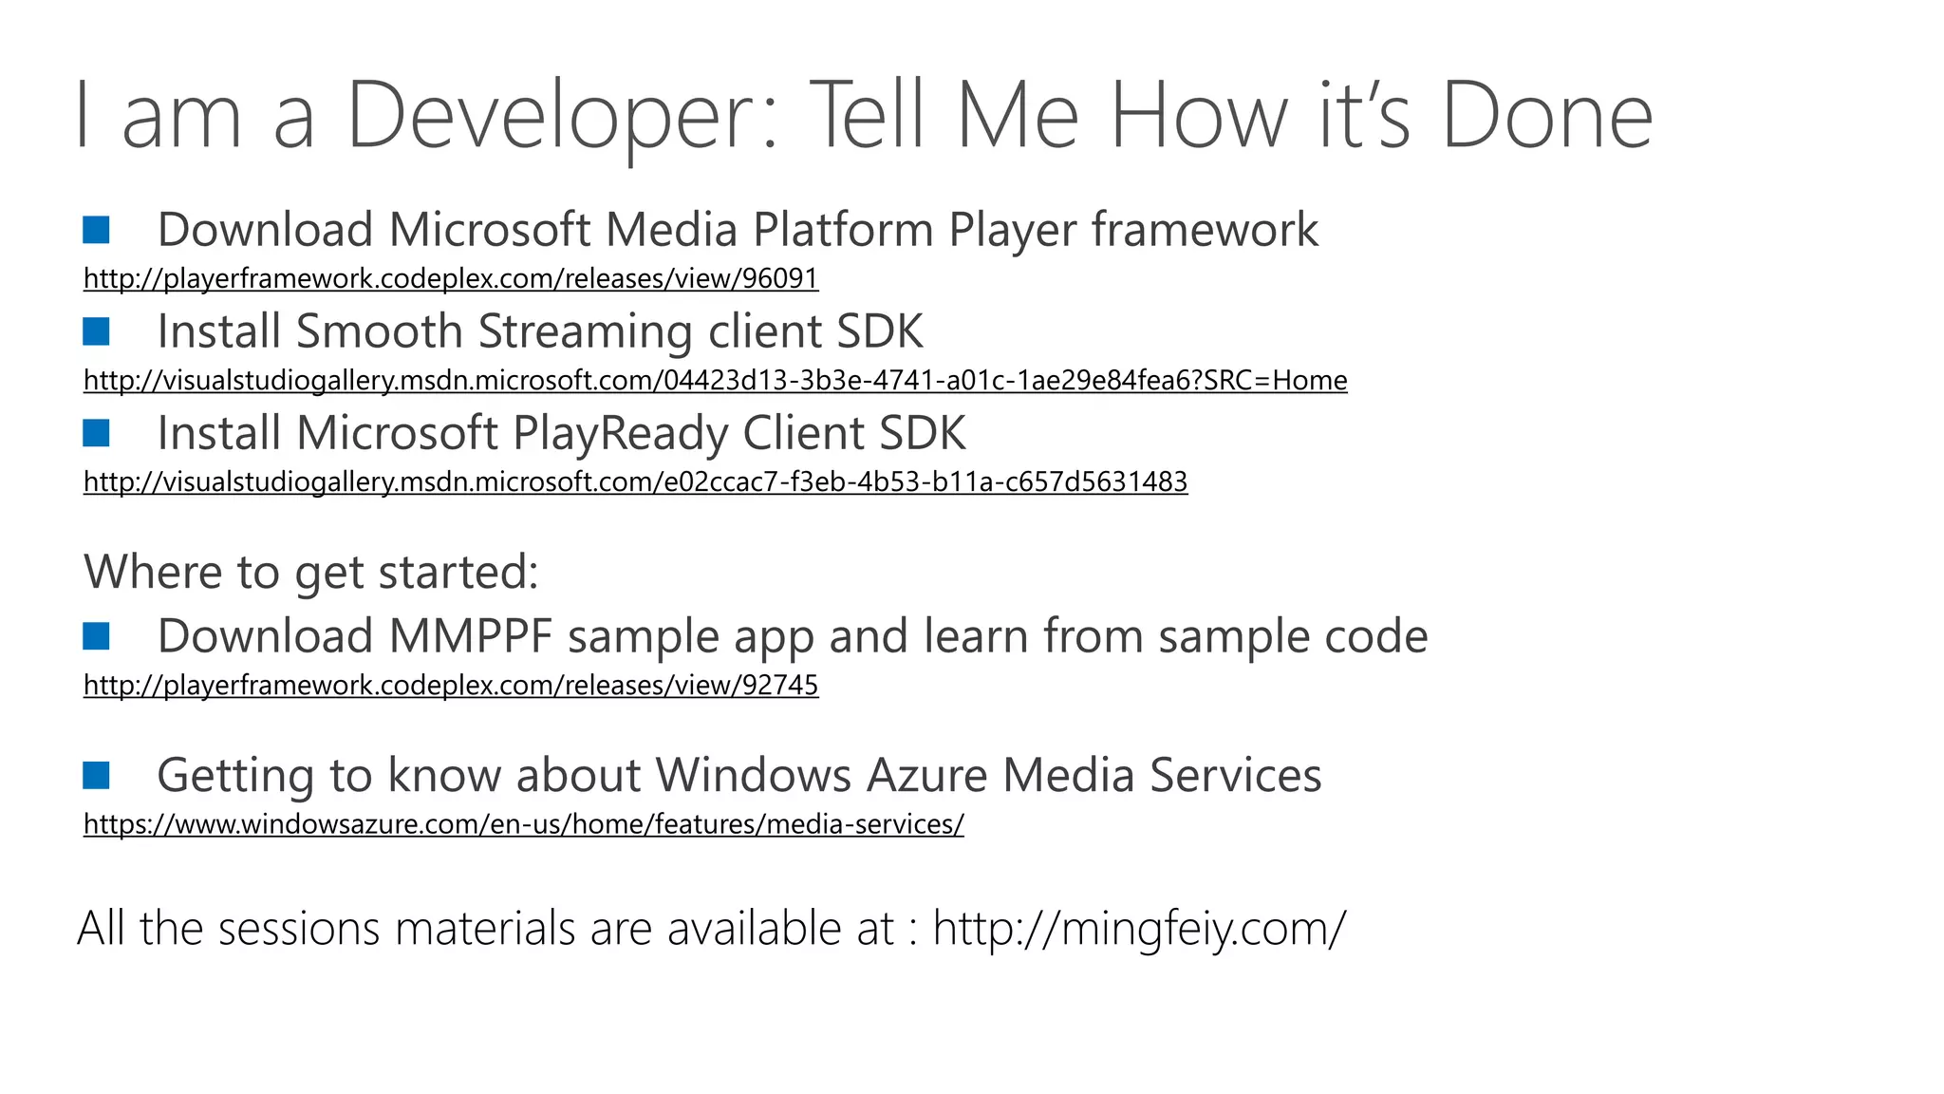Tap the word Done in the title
click(x=1547, y=116)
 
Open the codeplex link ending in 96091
click(x=451, y=278)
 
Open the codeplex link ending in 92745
click(x=451, y=685)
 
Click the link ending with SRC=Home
click(x=715, y=380)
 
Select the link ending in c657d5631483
click(x=635, y=481)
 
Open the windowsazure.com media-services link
click(x=523, y=823)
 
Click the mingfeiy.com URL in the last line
click(x=1139, y=928)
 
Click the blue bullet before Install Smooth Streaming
click(x=96, y=331)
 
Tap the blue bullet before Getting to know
click(x=96, y=775)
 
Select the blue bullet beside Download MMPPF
click(x=96, y=636)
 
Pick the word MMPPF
click(x=470, y=636)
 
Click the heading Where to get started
click(x=311, y=572)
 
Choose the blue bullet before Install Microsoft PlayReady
click(x=96, y=433)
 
